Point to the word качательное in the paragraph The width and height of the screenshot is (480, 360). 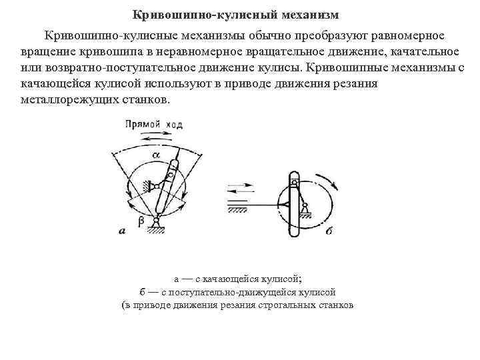pos(418,52)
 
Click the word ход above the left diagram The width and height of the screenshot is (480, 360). pos(174,125)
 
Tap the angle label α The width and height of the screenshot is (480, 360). pos(156,155)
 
